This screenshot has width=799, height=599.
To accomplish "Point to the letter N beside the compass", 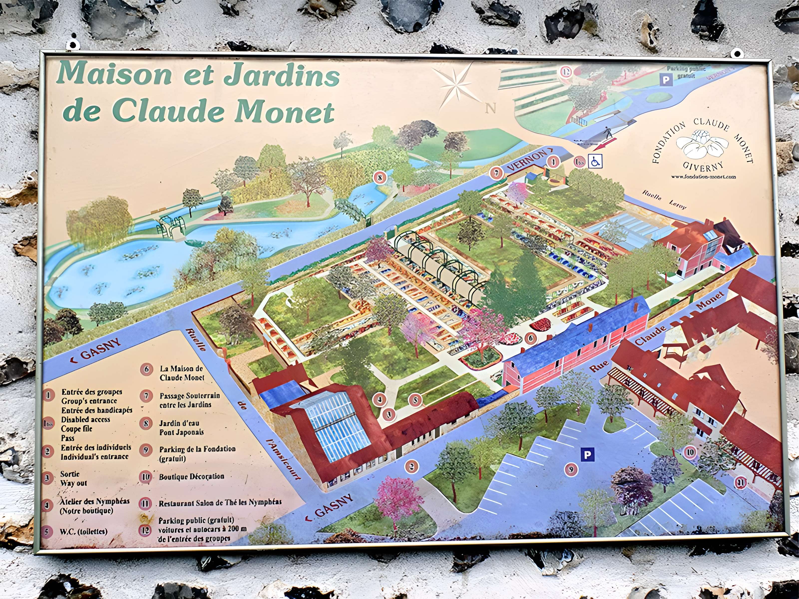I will pyautogui.click(x=490, y=108).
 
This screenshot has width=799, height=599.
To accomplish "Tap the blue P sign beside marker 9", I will pyautogui.click(x=587, y=455).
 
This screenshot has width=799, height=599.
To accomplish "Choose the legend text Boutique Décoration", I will pyautogui.click(x=192, y=477).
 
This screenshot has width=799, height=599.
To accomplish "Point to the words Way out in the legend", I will pyautogui.click(x=73, y=483).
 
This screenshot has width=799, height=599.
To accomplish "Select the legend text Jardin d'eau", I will pyautogui.click(x=179, y=423).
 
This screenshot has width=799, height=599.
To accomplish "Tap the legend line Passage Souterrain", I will pyautogui.click(x=190, y=396).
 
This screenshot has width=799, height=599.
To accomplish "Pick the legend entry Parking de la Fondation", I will pyautogui.click(x=197, y=449).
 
